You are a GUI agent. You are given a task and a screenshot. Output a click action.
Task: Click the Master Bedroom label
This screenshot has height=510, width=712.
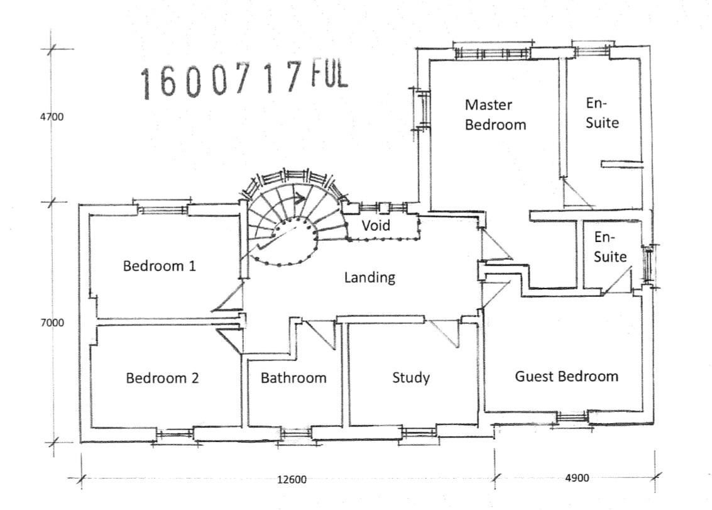coord(495,114)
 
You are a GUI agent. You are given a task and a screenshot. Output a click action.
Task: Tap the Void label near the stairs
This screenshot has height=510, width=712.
coord(376,225)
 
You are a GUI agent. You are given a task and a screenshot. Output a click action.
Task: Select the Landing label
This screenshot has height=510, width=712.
coord(370,277)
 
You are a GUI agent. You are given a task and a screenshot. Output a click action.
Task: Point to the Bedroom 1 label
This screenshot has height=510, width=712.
coord(160,265)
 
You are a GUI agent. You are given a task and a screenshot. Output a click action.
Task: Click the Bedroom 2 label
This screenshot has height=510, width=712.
coord(162,378)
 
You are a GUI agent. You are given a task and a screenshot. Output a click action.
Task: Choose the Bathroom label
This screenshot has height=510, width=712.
coord(293,378)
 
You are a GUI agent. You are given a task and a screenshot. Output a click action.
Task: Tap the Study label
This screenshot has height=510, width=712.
coord(411,378)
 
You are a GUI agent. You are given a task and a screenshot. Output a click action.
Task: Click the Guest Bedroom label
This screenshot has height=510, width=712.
coord(566,376)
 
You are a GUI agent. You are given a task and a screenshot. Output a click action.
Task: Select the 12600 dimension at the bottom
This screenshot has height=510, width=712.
coord(292,480)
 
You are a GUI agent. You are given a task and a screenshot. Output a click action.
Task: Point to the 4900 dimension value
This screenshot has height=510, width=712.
coord(577,478)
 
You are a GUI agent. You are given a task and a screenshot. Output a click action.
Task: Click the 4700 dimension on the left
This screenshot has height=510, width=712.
coord(52,117)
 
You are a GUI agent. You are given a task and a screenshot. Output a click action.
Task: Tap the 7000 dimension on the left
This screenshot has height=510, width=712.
coord(52,323)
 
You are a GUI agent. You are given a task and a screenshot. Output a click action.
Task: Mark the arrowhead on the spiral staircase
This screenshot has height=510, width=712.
coord(298,198)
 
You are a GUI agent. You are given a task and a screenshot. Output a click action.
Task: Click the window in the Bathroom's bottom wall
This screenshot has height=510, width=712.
coord(296,434)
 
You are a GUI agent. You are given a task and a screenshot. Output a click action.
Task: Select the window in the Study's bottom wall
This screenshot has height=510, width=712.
coord(420,432)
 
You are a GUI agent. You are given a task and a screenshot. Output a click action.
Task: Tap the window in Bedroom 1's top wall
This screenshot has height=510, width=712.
coord(163,209)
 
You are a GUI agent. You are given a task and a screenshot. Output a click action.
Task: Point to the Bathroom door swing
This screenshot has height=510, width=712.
coord(320,335)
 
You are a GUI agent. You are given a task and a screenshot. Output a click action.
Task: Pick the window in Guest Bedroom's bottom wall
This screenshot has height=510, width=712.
coord(572,417)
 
